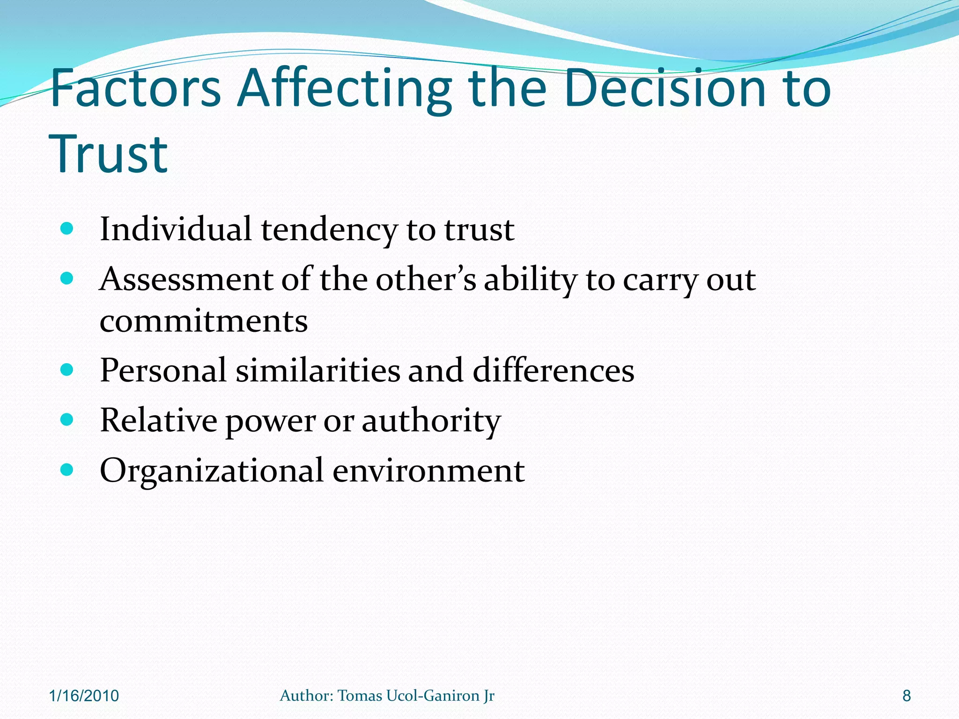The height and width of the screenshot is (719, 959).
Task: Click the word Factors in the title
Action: click(135, 88)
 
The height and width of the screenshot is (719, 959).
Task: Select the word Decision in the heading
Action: click(664, 88)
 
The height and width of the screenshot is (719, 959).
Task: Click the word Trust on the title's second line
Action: click(108, 154)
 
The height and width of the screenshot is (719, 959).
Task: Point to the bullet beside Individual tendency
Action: click(67, 229)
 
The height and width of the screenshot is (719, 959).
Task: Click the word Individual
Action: click(176, 229)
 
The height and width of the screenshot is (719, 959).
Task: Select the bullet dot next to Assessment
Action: click(67, 279)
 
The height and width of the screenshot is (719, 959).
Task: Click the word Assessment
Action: click(186, 279)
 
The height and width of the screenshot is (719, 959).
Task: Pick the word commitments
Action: click(204, 322)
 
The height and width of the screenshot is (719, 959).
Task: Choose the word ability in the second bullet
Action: click(530, 280)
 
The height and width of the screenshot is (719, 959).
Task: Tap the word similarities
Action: click(317, 370)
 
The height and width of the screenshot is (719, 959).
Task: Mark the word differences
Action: click(553, 370)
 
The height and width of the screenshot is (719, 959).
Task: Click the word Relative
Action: click(158, 420)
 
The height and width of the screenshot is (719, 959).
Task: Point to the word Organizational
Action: click(212, 470)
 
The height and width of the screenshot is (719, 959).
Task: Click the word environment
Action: click(428, 470)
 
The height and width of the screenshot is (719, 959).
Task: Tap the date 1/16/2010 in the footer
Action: click(84, 696)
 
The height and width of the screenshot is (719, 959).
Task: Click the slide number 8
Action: click(907, 696)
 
